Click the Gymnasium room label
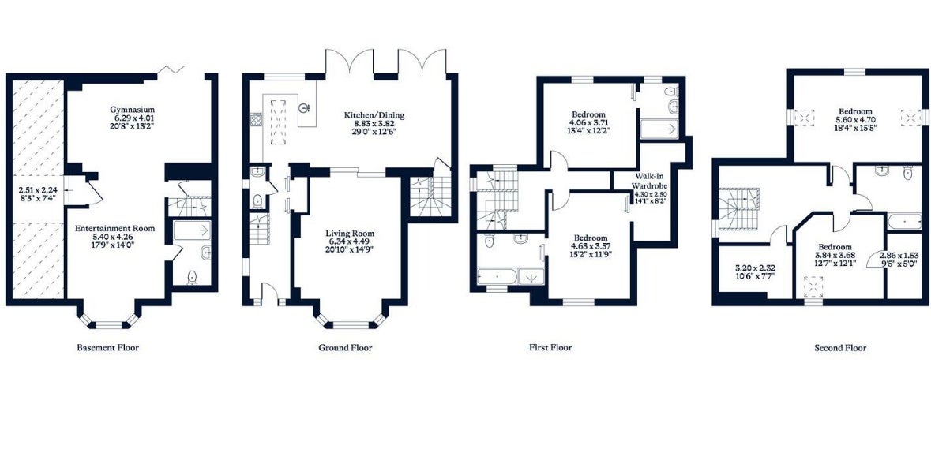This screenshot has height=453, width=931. pos(133,109)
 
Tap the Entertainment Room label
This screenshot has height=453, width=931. pos(114,228)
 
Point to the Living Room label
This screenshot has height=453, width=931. pos(350,234)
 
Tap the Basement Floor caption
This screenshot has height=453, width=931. pos(108,347)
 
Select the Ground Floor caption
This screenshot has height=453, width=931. pos(346,347)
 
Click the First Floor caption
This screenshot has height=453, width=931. pos(550,347)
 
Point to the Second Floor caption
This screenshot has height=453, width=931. pos(840,348)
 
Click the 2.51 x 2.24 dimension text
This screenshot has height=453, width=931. pos(37,191)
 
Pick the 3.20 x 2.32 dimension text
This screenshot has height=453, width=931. pos(755,267)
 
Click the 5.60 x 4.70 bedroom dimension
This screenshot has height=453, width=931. pos(855,119)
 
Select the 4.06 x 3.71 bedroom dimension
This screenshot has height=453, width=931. pos(588,123)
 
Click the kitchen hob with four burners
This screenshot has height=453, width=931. pos(256,120)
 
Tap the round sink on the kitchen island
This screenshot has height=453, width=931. pos(305,108)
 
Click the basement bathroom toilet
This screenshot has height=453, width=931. pos(193,277)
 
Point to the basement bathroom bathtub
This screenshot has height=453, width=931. pos(193,230)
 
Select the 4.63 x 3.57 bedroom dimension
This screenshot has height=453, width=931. pos(591,245)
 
